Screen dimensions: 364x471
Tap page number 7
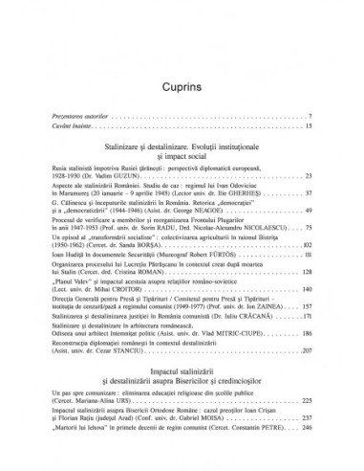[311, 117]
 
